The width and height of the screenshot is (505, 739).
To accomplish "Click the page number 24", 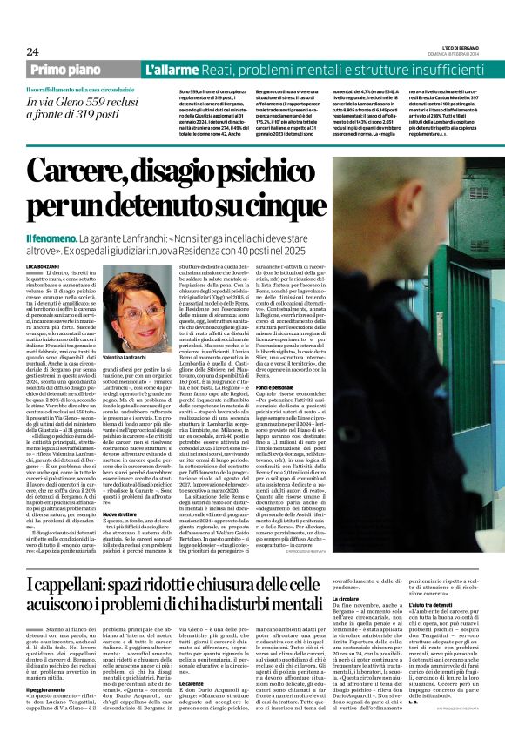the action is (x=32, y=51).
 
